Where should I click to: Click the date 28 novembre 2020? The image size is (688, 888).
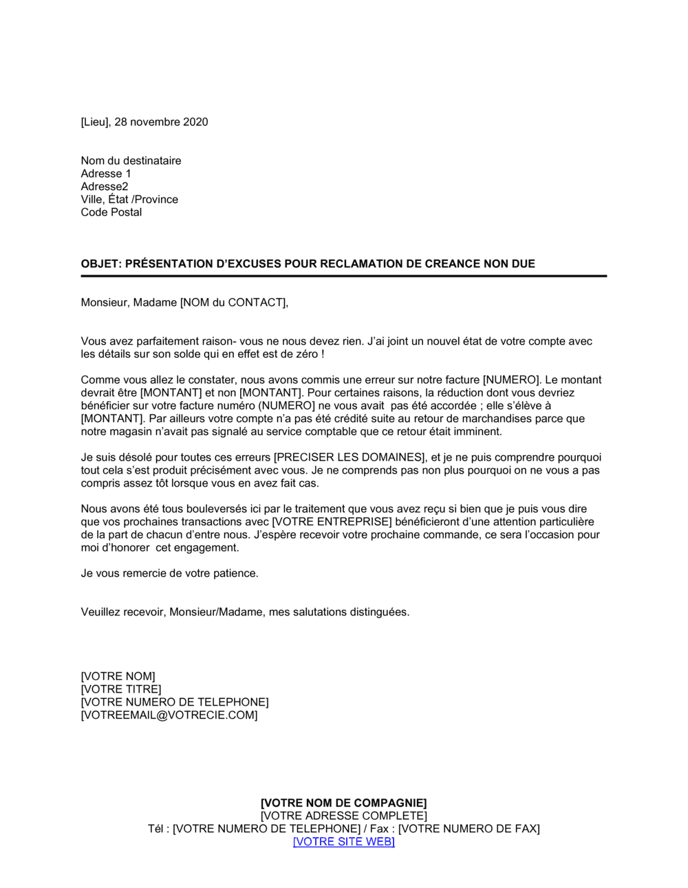[x=161, y=122]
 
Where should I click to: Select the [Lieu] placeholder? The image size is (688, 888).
[x=95, y=122]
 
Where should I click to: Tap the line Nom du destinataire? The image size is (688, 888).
[x=131, y=160]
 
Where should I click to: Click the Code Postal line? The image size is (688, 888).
[x=111, y=212]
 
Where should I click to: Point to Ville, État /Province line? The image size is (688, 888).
[x=129, y=200]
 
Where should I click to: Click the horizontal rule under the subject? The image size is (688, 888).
[x=344, y=276]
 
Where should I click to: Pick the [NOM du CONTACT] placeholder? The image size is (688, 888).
[x=234, y=302]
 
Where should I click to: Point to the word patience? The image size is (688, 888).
[x=234, y=573]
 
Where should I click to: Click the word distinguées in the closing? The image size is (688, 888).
[x=379, y=612]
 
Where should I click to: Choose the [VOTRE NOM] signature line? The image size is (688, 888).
[x=118, y=677]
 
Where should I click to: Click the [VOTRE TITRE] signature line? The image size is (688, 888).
[x=121, y=689]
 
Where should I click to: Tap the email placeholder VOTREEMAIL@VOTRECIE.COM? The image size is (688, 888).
[x=169, y=715]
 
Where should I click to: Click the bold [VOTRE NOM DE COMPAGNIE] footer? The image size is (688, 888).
[x=344, y=803]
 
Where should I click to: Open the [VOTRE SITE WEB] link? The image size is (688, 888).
[x=344, y=841]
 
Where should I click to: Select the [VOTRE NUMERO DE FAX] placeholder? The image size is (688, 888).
[x=469, y=829]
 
